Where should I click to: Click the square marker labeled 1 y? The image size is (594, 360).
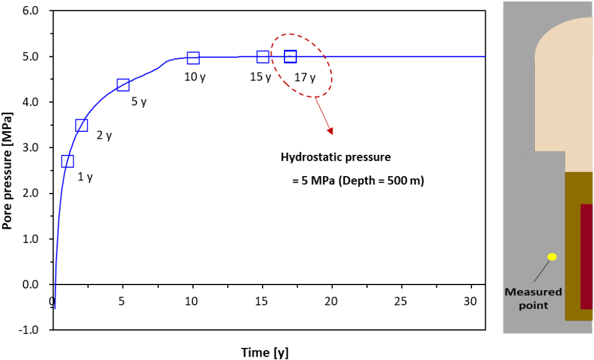click(x=67, y=161)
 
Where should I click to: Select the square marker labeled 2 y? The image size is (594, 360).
click(x=81, y=125)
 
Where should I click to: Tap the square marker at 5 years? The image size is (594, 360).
click(x=123, y=84)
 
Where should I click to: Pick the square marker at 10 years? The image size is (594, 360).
click(x=193, y=57)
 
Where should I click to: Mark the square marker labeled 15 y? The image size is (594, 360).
click(x=263, y=56)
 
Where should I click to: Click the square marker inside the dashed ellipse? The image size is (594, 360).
click(x=290, y=56)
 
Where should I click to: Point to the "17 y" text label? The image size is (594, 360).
click(x=305, y=78)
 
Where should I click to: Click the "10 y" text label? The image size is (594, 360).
click(x=195, y=77)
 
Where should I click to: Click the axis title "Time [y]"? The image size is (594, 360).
click(x=265, y=352)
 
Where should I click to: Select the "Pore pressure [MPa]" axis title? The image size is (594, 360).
click(x=7, y=170)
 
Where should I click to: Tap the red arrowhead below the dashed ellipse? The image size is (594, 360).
click(x=329, y=131)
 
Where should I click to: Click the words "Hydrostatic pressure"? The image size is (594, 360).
click(x=336, y=157)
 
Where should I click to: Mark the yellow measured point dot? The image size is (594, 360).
click(x=552, y=257)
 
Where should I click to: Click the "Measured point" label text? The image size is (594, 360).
click(x=533, y=298)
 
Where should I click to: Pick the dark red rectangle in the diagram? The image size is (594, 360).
click(x=586, y=256)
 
